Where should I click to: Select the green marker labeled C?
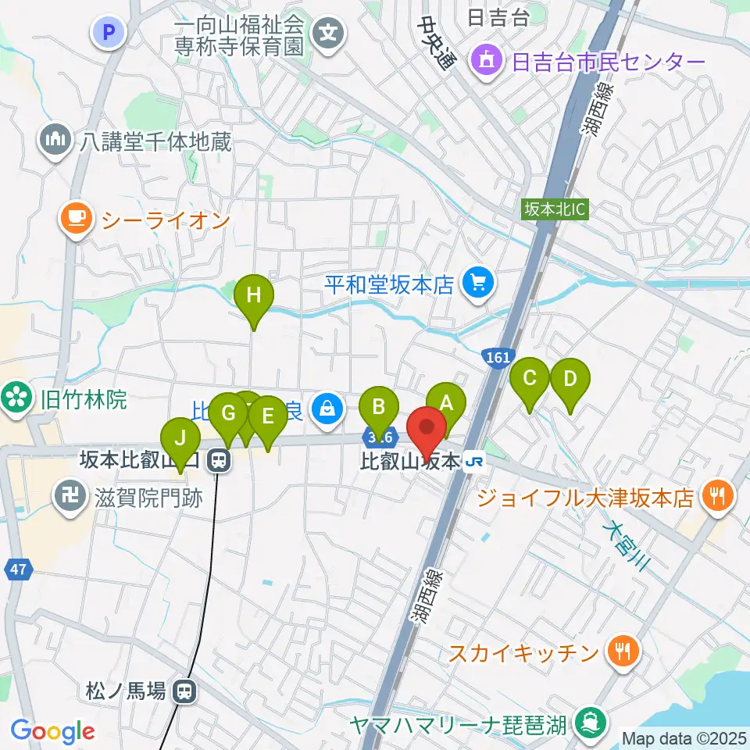click(x=530, y=379)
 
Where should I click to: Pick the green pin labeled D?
click(x=570, y=380)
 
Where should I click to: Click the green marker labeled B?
click(x=379, y=406)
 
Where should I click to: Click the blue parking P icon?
click(x=109, y=32)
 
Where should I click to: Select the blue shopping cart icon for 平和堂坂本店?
click(x=477, y=282)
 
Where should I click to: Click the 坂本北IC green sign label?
click(x=555, y=209)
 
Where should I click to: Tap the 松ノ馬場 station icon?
click(x=185, y=691)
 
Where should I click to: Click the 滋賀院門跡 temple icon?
click(x=69, y=496)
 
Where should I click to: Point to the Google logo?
click(x=52, y=731)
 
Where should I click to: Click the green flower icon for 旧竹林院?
click(x=14, y=400)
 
